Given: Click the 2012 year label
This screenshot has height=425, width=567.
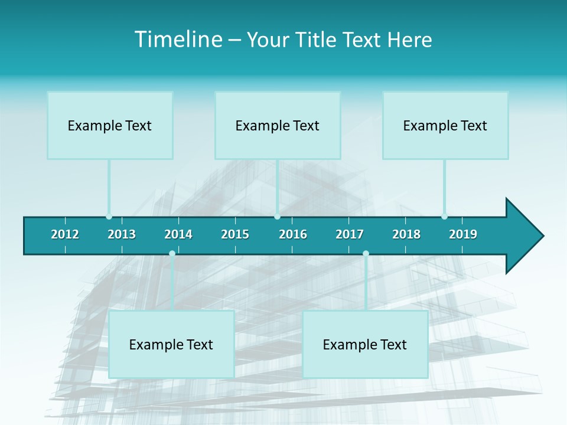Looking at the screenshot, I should point(65,234).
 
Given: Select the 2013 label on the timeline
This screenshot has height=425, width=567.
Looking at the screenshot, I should point(122,234).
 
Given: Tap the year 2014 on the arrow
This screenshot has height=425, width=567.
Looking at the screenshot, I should point(178,234).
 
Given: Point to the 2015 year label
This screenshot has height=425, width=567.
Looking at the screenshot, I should point(235,234).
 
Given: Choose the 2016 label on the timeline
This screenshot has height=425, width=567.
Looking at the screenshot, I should point(293,234).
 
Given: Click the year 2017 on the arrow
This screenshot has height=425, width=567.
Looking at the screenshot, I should point(350,234).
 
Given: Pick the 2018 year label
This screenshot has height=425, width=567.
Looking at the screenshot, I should point(406,234).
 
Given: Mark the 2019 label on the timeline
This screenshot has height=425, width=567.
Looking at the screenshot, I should point(463,234).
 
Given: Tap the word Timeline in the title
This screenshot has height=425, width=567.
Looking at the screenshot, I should point(177,40).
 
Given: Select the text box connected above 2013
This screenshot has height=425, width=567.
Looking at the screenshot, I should point(110,125).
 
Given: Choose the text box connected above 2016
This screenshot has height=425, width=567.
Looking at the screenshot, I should point(278,125).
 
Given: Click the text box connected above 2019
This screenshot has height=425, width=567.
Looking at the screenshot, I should point(445,125).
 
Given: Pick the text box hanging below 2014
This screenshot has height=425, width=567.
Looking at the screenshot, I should point(171,344).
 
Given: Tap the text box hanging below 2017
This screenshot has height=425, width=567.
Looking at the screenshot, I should point(365,344).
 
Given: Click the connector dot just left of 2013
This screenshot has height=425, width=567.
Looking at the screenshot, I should point(109,217).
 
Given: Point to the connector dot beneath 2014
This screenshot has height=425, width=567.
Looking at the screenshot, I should point(172,254).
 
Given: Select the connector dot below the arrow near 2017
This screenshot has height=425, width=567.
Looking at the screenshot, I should point(366,254).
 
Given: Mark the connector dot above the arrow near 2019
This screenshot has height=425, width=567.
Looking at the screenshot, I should point(444,217).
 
